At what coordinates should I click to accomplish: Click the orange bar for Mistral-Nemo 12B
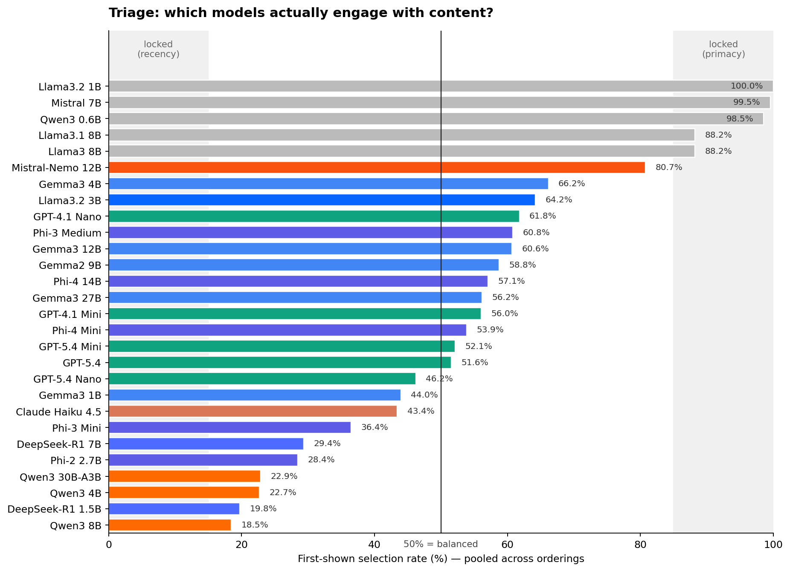tap(377, 167)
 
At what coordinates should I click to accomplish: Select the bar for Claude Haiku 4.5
tap(253, 411)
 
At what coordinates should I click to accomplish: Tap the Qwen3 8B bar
tap(170, 525)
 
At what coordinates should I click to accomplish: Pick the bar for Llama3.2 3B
tap(322, 200)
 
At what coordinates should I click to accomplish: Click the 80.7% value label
tap(668, 167)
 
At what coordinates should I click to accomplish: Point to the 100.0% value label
tap(746, 86)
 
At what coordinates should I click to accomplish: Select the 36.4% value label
tap(374, 427)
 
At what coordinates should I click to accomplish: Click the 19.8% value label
tap(263, 509)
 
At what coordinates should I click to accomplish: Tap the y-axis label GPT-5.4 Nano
tap(67, 379)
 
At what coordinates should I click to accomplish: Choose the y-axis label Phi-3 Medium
tap(67, 233)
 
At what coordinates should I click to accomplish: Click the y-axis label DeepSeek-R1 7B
tap(59, 444)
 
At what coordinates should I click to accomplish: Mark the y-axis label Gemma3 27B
tap(67, 298)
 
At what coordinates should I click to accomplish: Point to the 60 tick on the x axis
tap(507, 545)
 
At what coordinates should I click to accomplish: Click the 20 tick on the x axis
tap(241, 545)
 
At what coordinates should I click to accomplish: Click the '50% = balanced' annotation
tap(441, 544)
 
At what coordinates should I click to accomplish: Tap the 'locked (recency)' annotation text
tap(158, 49)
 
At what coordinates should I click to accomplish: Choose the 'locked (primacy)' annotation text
tap(723, 49)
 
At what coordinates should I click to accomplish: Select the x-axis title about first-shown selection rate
tap(441, 559)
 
